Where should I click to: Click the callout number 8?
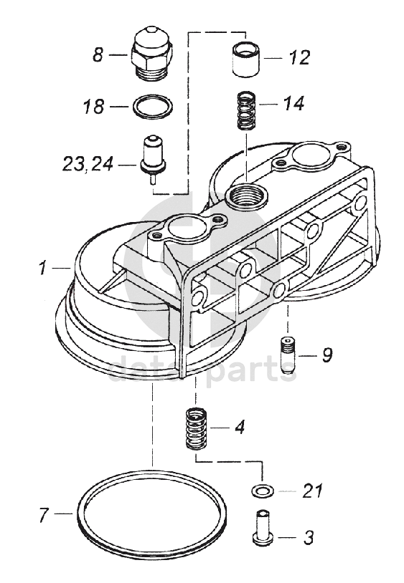coord(98,55)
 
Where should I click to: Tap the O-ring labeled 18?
coord(152,107)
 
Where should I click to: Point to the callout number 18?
coord(93,107)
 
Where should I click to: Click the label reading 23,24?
coord(87,164)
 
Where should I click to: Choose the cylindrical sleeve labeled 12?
coord(245,60)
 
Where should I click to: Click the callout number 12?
coord(299,58)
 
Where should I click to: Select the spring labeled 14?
coord(246,111)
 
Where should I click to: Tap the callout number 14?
coord(293,103)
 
